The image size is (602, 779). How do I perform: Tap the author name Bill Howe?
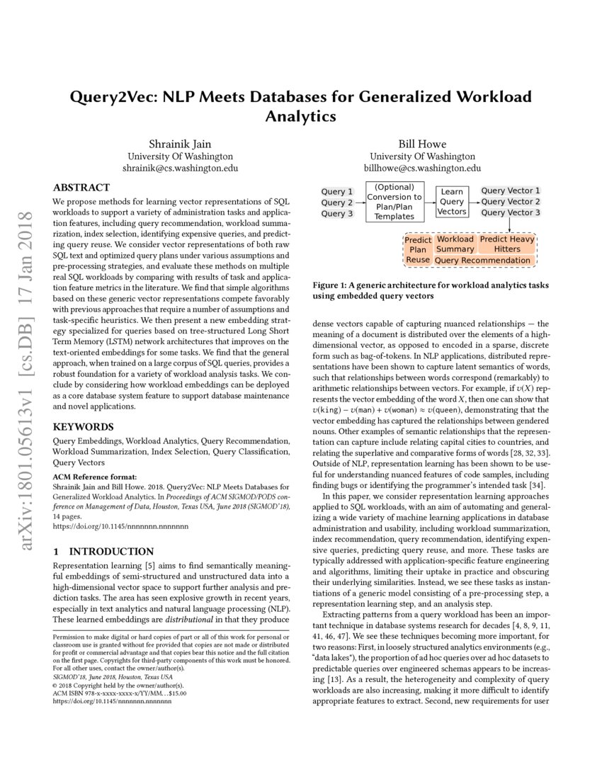421,144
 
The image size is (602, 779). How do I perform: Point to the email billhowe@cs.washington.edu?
421,169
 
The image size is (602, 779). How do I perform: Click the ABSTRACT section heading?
81,188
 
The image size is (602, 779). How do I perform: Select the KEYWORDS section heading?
83,427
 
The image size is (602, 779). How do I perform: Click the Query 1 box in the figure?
336,192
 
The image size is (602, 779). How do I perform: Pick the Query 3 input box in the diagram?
336,214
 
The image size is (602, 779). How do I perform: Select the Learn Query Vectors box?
452,202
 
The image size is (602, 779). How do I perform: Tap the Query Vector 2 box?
511,202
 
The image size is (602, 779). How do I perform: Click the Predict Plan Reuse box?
418,250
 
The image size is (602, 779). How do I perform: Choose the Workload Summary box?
455,244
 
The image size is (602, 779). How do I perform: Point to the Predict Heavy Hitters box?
507,244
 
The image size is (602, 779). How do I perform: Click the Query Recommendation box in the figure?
482,260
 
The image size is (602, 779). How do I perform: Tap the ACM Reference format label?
95,476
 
